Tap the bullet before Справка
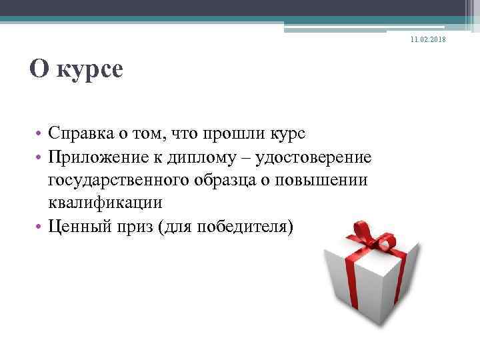[x=39, y=135]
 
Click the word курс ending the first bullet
[x=287, y=134]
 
